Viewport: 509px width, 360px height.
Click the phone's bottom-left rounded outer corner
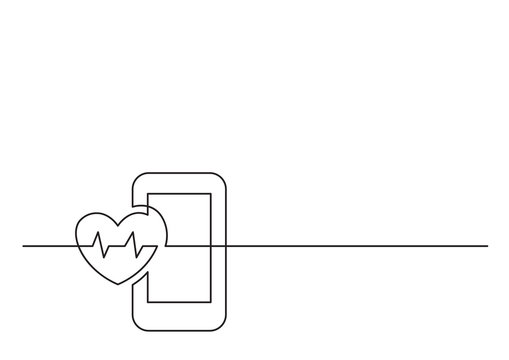139,317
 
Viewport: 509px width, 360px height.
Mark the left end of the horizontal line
24,245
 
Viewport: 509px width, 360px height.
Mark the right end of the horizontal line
487,245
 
